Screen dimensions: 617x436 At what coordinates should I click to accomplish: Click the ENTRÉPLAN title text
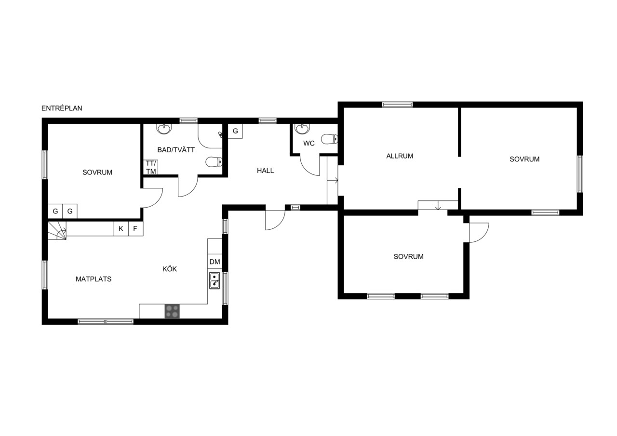[62, 108]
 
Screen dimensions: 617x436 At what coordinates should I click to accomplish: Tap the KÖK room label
[169, 269]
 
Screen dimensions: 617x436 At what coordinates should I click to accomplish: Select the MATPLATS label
[94, 279]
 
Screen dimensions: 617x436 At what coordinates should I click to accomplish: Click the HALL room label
[265, 171]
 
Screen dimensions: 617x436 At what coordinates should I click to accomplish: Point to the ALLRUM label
[400, 156]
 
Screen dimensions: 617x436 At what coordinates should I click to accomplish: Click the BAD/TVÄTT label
[176, 150]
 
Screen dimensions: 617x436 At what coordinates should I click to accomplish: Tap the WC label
[309, 143]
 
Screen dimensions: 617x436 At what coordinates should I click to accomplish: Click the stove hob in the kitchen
[172, 311]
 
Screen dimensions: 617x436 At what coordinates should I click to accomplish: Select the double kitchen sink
[215, 280]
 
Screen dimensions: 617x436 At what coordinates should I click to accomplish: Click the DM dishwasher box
[215, 262]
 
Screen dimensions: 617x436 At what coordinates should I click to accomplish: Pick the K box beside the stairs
[121, 228]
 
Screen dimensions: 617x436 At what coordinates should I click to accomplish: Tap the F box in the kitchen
[136, 228]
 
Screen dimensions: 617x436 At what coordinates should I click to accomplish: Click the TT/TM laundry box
[151, 167]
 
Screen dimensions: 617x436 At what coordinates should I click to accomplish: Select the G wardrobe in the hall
[235, 131]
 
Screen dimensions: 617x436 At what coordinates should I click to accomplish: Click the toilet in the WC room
[330, 139]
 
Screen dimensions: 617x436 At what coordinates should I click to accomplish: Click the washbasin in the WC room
[302, 129]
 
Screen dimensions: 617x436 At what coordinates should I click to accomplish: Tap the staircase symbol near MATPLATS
[57, 230]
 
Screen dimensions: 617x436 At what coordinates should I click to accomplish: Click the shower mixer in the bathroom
[220, 134]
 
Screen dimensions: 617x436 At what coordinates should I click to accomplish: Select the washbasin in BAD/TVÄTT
[164, 129]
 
